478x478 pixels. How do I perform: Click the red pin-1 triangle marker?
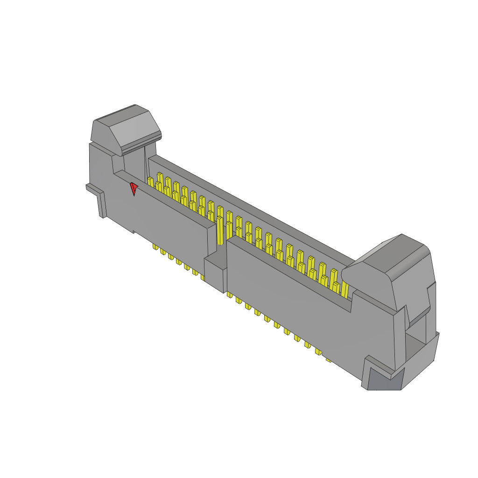(x=134, y=188)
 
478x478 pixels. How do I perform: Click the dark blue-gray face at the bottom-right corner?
(x=385, y=379)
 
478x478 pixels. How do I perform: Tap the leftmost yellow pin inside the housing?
(x=150, y=182)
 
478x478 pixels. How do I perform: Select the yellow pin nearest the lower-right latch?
(x=344, y=289)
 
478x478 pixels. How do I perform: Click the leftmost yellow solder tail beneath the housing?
(x=155, y=246)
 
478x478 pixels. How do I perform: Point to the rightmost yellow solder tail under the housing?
(x=328, y=360)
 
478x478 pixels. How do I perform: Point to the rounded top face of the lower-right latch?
(x=401, y=257)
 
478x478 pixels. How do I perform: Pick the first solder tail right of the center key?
(x=230, y=295)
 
